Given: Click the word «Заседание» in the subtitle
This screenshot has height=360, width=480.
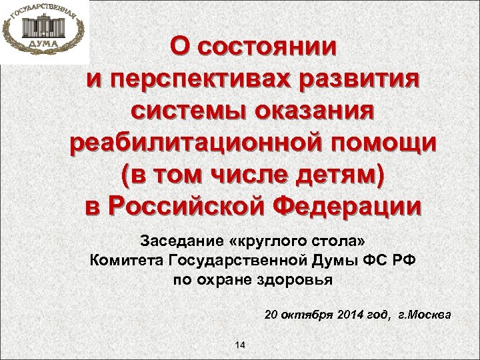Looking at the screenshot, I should click(x=173, y=240).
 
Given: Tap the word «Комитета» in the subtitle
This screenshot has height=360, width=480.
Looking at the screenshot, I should click(x=123, y=260).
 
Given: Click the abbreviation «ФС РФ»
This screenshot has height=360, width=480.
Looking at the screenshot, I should click(x=381, y=260).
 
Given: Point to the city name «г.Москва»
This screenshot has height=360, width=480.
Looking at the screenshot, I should click(x=424, y=313).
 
